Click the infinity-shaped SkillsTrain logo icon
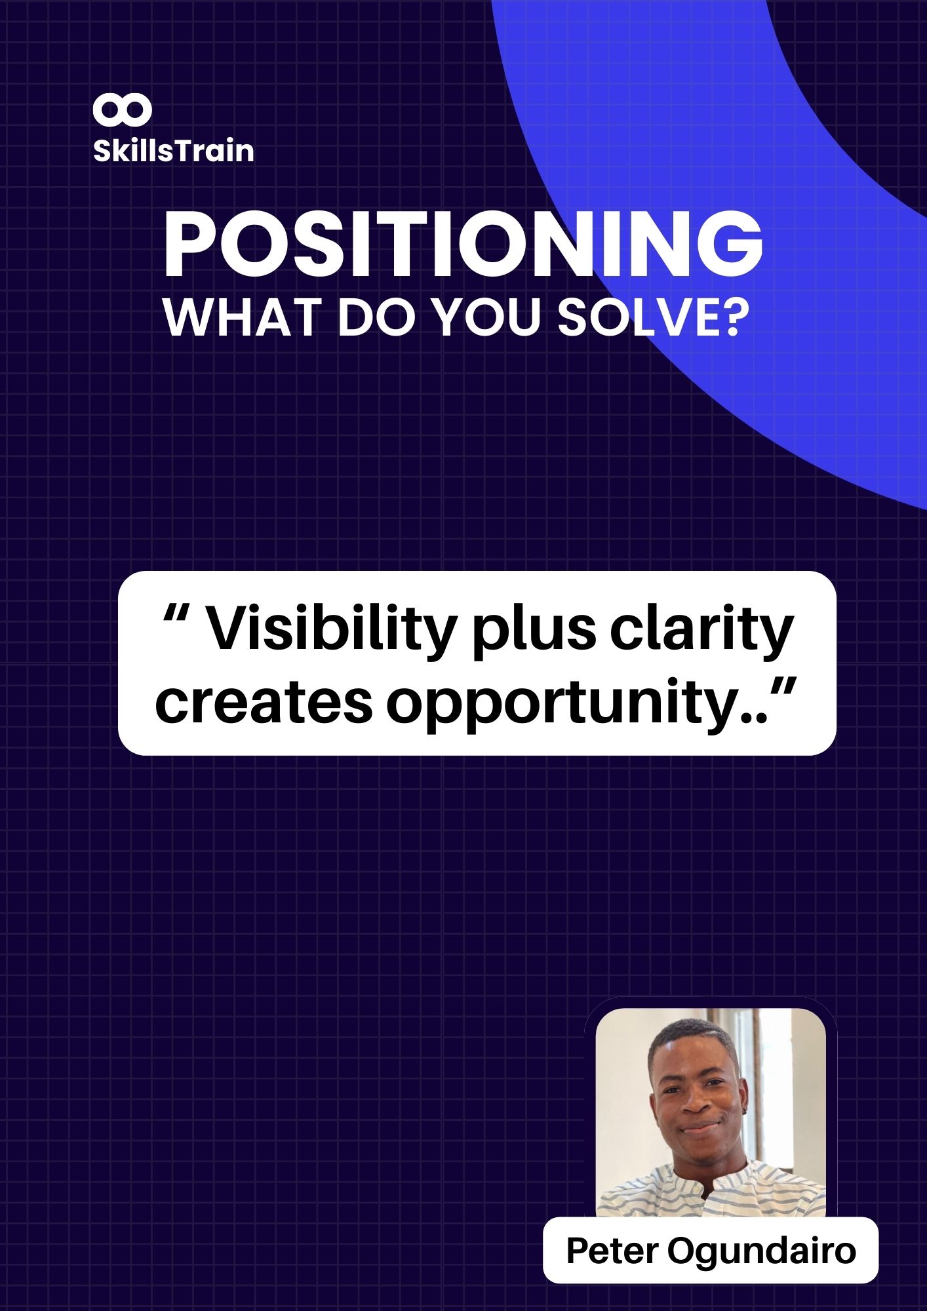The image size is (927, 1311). [x=122, y=110]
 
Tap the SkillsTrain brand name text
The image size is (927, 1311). [x=174, y=151]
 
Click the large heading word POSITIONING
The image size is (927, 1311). [x=463, y=246]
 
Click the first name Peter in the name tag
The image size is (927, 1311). [x=612, y=1250]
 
